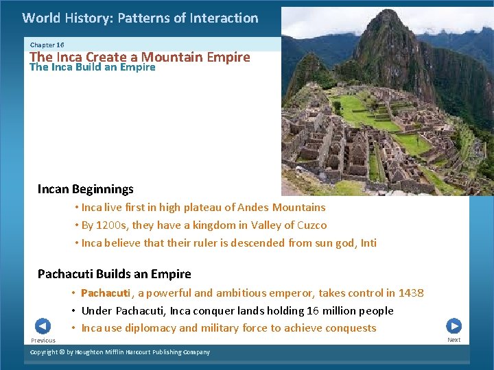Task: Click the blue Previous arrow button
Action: [x=43, y=326]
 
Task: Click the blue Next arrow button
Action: [x=454, y=326]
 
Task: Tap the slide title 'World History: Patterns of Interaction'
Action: [x=140, y=18]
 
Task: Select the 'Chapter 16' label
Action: [x=47, y=45]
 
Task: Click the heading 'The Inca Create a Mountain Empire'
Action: [x=140, y=57]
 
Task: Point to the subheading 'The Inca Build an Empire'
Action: [x=93, y=67]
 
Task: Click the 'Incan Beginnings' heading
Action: [x=86, y=189]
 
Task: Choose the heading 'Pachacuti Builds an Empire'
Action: [x=115, y=274]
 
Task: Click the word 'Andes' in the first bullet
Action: [x=254, y=207]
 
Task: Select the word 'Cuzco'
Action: [x=311, y=225]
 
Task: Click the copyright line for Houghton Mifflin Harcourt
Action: [x=121, y=352]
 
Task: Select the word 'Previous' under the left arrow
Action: [x=43, y=341]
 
